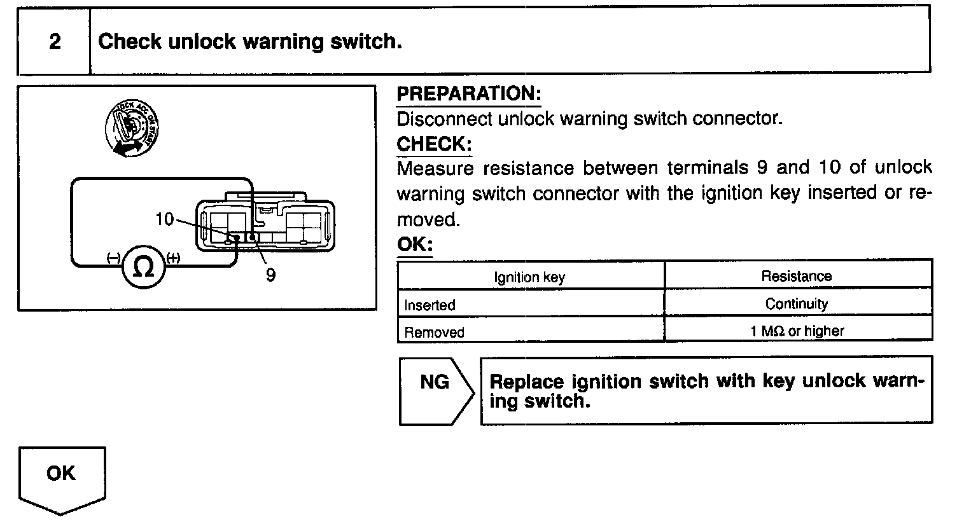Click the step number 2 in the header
55,42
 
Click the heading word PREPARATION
468,93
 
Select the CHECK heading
433,144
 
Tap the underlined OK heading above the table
414,244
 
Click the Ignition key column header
529,277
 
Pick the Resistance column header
796,276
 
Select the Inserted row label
430,305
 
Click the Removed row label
434,331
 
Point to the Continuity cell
797,303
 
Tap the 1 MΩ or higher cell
797,331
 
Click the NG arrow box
436,390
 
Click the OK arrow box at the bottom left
62,477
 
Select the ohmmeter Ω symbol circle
144,268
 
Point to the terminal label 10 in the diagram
164,219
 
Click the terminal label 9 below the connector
270,275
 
